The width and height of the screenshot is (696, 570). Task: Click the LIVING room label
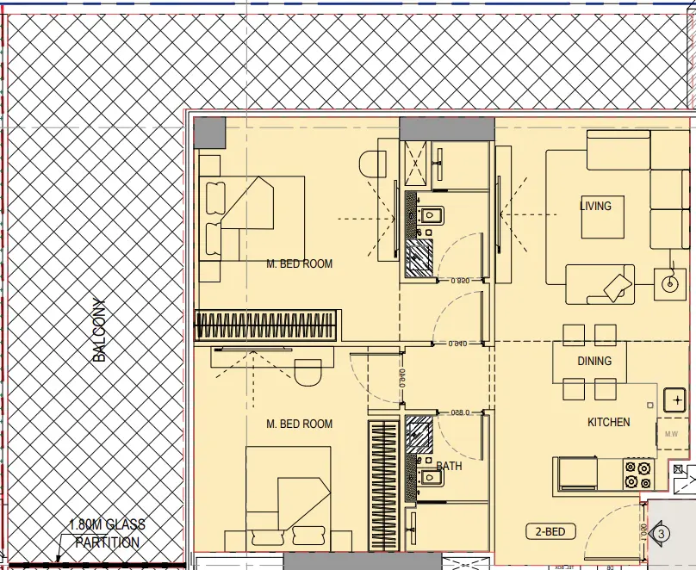[595, 206]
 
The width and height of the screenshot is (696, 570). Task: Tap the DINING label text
[594, 361]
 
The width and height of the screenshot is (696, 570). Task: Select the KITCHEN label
[608, 422]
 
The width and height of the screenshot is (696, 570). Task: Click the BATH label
[449, 466]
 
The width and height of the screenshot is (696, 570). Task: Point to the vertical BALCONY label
[100, 330]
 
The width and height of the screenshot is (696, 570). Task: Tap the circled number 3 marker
[662, 534]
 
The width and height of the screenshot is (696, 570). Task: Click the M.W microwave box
[672, 434]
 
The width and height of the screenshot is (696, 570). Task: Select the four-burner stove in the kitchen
[638, 474]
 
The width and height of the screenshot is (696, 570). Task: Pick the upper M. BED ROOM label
[299, 263]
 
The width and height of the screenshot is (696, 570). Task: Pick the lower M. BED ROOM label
[299, 424]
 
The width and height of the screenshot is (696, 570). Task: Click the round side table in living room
[668, 282]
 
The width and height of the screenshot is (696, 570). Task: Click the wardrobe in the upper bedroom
[267, 325]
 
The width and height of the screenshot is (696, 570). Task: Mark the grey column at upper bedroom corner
[208, 133]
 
